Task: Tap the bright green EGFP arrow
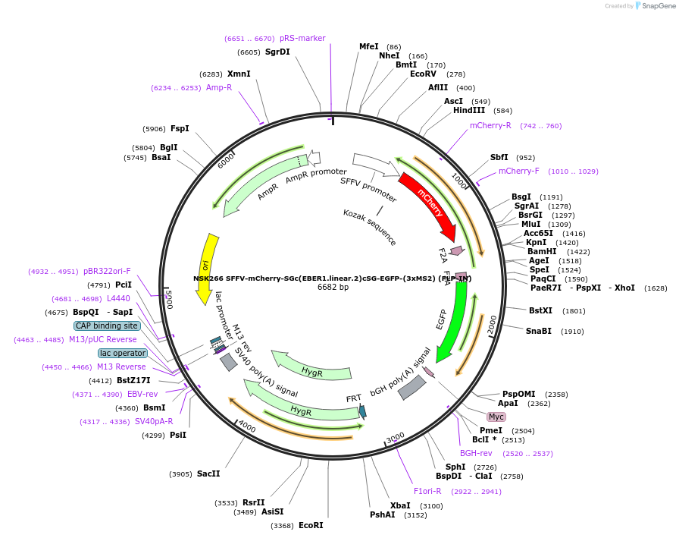click(452, 318)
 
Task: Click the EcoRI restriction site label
click(311, 525)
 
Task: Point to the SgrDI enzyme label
click(277, 52)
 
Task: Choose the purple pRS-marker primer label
click(302, 38)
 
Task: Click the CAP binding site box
click(107, 326)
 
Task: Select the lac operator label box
click(122, 353)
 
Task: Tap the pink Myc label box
click(496, 417)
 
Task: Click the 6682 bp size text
click(333, 288)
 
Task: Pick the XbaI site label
click(400, 505)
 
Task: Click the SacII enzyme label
click(208, 474)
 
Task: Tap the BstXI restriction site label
click(541, 310)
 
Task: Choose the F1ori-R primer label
click(427, 491)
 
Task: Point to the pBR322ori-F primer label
click(107, 271)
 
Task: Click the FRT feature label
click(354, 398)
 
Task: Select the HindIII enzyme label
click(469, 110)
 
